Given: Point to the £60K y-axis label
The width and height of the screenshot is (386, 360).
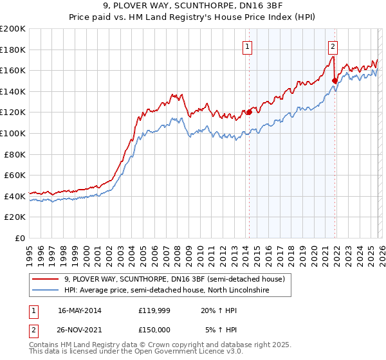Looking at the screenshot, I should point(15,175).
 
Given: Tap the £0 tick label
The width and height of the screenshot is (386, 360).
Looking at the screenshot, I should point(21,238).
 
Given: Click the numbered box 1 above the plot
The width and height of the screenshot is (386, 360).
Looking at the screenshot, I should point(247,46).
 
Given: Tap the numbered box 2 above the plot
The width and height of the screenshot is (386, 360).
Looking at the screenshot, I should point(333,46).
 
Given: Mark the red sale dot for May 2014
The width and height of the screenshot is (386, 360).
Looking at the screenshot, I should point(249,112).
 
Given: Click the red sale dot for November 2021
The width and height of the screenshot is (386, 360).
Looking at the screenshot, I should point(335,80).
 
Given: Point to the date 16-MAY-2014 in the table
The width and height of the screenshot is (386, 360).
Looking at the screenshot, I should point(79,310).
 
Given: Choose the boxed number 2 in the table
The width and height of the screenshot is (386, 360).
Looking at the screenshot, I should point(32,330).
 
